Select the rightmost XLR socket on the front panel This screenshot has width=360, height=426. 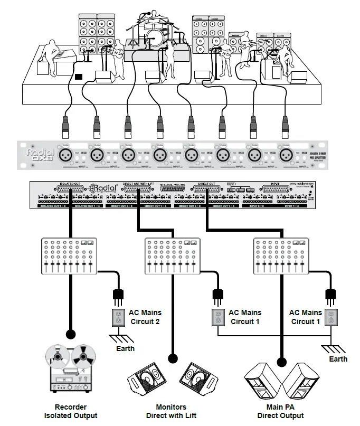(286, 155)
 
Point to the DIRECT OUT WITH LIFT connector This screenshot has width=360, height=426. (139, 192)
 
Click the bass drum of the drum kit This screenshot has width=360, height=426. (154, 37)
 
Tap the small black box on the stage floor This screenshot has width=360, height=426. (79, 77)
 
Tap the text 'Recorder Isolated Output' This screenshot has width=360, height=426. (71, 411)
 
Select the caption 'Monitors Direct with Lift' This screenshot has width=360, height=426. (171, 411)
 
